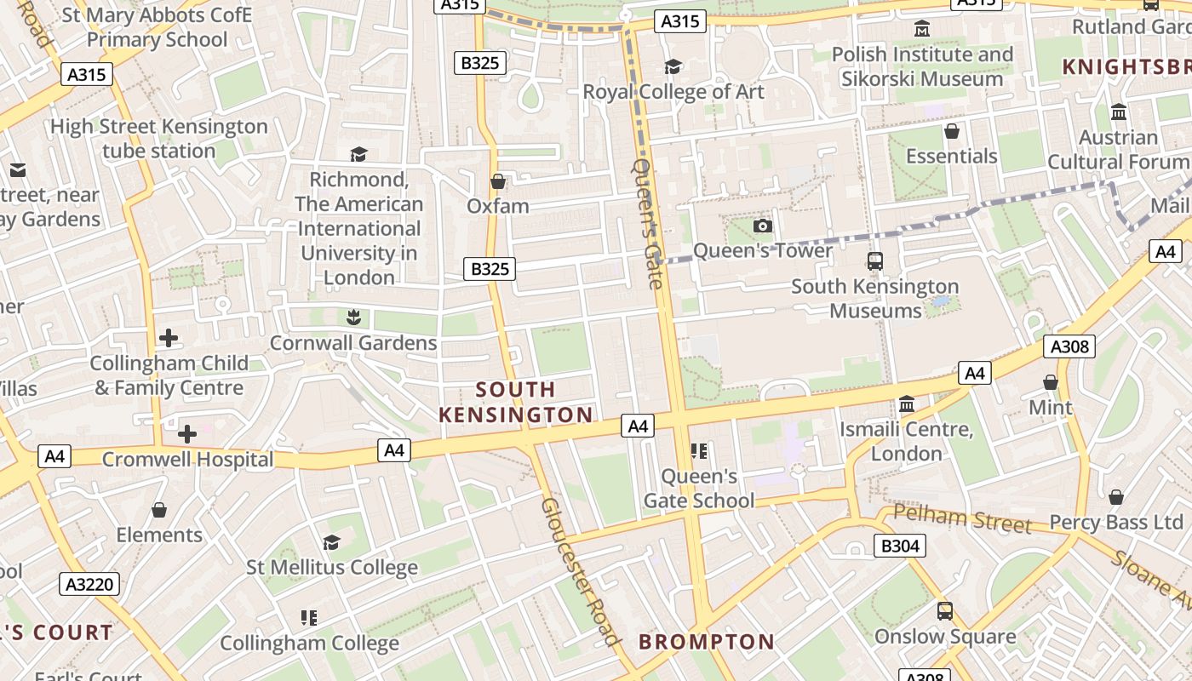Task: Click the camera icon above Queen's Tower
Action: coord(763,226)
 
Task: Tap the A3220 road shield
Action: coord(89,584)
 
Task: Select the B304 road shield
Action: coord(899,546)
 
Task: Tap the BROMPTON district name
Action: coord(707,642)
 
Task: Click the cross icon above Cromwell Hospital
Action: coord(187,434)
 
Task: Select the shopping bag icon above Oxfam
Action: coord(498,181)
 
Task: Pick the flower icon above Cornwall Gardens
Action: coord(353,318)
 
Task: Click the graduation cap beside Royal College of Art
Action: coord(673,66)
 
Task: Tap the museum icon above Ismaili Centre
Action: coord(907,403)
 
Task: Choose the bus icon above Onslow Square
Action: coord(945,610)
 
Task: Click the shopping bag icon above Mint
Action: coord(1051,382)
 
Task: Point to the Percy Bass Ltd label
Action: coord(1116,522)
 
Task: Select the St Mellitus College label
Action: coord(332,567)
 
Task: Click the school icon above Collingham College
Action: coord(309,617)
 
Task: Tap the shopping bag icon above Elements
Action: coord(159,510)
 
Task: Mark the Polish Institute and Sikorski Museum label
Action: coord(922,66)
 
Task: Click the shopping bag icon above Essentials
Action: coord(951,131)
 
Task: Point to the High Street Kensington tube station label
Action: coord(159,139)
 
